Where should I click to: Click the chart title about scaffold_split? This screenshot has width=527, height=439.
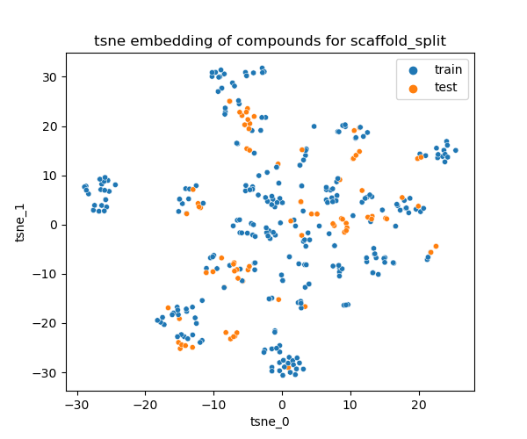(x=270, y=41)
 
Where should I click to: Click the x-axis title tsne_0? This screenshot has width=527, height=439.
(x=270, y=422)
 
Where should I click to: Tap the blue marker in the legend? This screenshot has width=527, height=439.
(x=413, y=68)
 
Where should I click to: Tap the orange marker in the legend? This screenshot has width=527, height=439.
(x=413, y=86)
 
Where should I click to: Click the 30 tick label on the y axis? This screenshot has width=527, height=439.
(x=49, y=77)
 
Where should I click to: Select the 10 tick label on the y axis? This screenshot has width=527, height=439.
(x=49, y=176)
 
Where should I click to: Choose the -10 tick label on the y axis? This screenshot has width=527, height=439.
(x=47, y=274)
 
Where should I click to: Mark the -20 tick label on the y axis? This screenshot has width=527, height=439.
(x=47, y=323)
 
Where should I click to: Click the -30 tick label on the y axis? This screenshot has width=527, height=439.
(x=47, y=372)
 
